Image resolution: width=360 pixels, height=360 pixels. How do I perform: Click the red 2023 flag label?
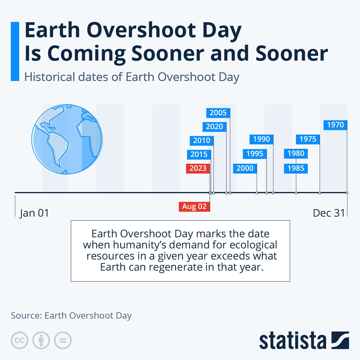(x=198, y=168)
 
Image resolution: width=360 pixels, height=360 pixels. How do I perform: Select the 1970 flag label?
(x=335, y=125)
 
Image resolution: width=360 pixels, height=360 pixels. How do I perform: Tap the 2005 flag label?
(x=218, y=113)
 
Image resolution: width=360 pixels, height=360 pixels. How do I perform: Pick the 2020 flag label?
(x=214, y=127)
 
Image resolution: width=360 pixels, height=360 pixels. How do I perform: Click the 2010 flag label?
(x=202, y=140)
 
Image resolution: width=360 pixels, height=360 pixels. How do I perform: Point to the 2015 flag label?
(x=199, y=154)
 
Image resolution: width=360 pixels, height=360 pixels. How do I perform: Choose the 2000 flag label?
(x=245, y=168)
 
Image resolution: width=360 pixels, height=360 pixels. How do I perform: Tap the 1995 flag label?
(x=255, y=154)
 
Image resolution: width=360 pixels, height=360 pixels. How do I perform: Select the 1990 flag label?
(x=261, y=139)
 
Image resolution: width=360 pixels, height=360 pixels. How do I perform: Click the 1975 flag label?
(x=308, y=139)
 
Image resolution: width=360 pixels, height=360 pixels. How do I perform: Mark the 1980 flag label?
(x=296, y=154)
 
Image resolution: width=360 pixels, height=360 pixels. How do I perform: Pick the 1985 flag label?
(x=296, y=168)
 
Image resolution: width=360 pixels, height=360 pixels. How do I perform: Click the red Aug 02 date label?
(x=194, y=206)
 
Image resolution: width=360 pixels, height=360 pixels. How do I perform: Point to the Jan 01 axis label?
(x=34, y=213)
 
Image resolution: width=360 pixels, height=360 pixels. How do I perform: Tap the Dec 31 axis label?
(x=329, y=213)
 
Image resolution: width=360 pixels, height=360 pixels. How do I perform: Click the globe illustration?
(x=67, y=139)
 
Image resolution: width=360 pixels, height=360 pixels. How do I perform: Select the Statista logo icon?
(x=340, y=340)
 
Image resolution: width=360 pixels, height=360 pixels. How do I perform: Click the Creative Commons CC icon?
(x=19, y=340)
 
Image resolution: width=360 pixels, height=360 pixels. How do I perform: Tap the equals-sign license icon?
(x=63, y=340)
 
